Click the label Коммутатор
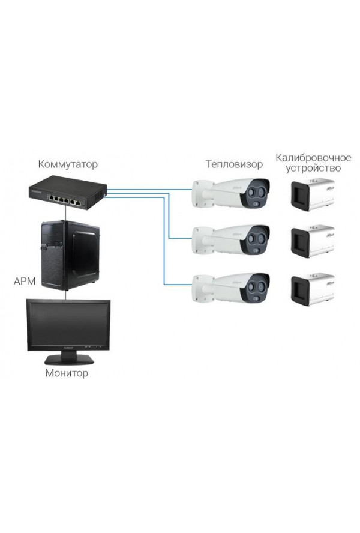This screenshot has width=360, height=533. [67, 164]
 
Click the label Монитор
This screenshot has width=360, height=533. [67, 373]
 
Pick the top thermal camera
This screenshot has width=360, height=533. [231, 192]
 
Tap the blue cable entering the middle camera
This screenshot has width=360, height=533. [180, 237]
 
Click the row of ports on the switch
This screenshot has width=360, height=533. [65, 198]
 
